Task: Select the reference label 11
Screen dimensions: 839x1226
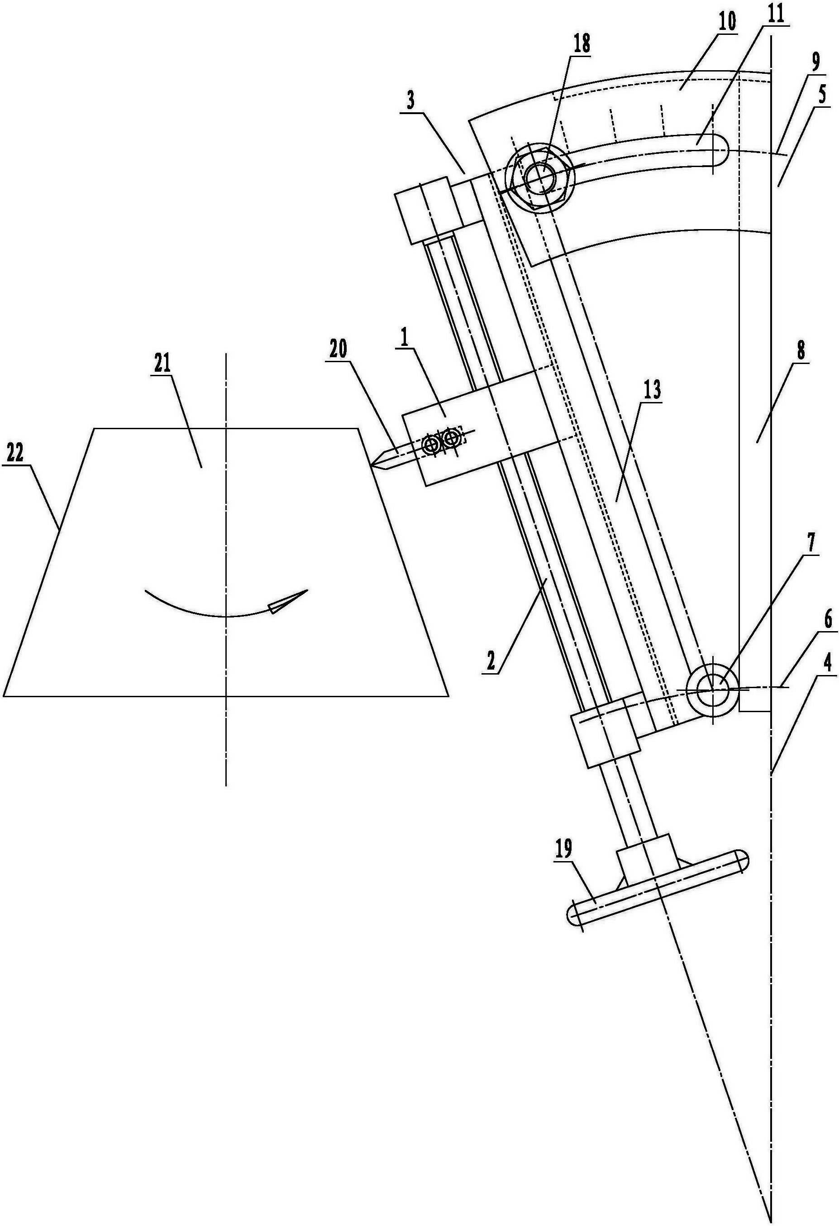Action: (775, 14)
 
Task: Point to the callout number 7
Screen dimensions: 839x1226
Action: (811, 543)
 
